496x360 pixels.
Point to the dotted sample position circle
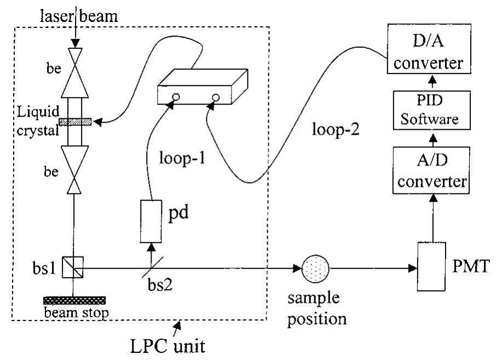coord(316,269)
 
